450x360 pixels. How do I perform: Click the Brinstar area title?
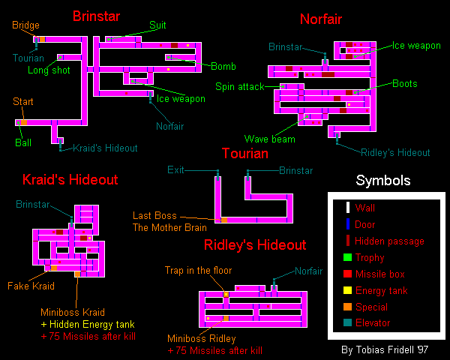tap(96, 16)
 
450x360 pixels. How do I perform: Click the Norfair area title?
tap(321, 19)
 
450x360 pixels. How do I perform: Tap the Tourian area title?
tap(245, 153)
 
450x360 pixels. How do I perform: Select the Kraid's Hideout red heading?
tap(70, 180)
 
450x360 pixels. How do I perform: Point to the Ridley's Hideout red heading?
tap(255, 245)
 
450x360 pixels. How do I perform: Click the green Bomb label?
tap(223, 66)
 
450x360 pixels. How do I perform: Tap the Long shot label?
tap(49, 70)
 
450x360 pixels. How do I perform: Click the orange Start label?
tap(23, 101)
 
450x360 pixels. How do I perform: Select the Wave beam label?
tap(270, 139)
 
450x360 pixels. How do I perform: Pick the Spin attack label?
tap(240, 87)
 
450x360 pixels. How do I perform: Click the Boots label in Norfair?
tap(405, 83)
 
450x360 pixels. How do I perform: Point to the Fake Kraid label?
tap(31, 286)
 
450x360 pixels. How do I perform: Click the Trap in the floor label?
tap(198, 270)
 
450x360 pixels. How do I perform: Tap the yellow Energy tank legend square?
tap(347, 290)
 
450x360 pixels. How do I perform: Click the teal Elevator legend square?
tap(347, 322)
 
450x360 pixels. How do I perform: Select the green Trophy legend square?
tap(347, 257)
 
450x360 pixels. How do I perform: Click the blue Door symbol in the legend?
tap(348, 224)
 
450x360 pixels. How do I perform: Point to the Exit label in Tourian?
tap(175, 170)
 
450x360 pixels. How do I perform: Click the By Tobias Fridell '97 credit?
tap(385, 349)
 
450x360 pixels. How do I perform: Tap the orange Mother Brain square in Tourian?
tap(224, 220)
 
